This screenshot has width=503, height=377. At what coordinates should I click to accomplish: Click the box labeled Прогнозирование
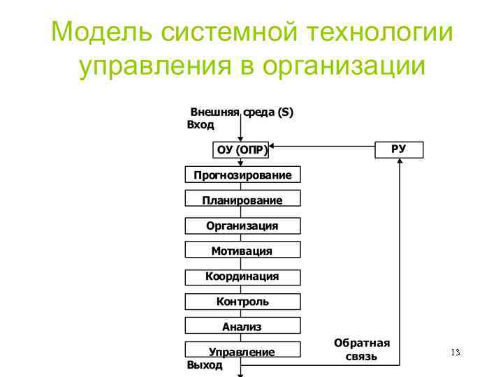coord(242,175)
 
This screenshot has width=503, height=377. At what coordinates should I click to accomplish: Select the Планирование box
coord(242,200)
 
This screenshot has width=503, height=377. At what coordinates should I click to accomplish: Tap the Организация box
coord(242,226)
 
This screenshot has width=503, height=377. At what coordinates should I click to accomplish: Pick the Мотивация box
coord(242,251)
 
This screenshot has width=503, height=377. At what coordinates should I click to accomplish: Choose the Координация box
coord(242,276)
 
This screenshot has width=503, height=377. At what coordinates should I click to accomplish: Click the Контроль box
coord(242,302)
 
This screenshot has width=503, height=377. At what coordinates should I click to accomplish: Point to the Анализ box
coord(242,326)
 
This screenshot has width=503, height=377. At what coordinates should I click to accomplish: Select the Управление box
coord(242,351)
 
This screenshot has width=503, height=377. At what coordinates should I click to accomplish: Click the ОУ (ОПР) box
coord(242,149)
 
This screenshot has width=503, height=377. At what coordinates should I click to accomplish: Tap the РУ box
coord(399,149)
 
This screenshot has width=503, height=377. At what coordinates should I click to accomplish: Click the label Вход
coord(201,125)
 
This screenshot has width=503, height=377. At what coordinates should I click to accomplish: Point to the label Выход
coord(205,364)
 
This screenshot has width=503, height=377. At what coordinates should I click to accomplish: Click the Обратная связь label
coord(361,350)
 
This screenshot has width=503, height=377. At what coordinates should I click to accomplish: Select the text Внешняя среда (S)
coord(242,112)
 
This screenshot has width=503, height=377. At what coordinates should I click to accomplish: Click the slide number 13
coord(455,352)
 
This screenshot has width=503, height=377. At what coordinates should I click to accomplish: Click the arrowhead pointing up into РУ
coord(400,162)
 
